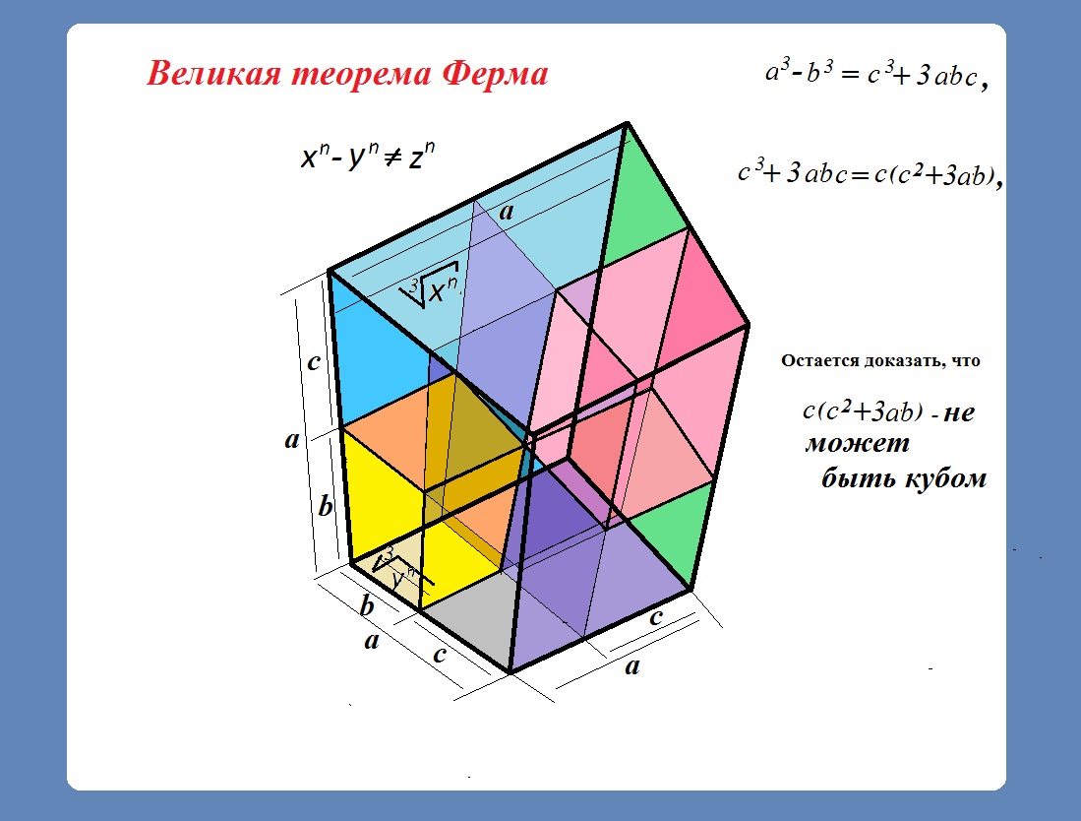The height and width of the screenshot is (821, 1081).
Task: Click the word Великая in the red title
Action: (x=213, y=74)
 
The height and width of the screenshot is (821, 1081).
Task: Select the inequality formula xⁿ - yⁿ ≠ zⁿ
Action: (x=368, y=156)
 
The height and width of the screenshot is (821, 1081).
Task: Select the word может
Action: (x=857, y=443)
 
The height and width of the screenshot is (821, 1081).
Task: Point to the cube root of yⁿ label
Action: (x=398, y=570)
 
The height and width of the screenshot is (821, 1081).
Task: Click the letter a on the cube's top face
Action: (x=507, y=212)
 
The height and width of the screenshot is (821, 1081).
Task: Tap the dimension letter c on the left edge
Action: (x=313, y=361)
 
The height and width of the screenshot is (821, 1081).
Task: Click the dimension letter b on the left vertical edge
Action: (x=326, y=506)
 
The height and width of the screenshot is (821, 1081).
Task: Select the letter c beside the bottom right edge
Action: (x=656, y=616)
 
